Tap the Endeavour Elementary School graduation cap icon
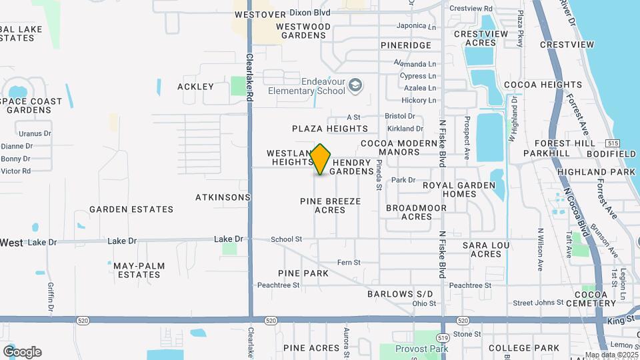(356, 85)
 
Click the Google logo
(22, 352)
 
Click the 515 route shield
(613, 143)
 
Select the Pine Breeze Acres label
(330, 205)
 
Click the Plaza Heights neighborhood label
(330, 128)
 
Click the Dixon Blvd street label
(312, 13)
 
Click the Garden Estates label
(131, 209)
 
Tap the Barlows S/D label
(400, 294)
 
